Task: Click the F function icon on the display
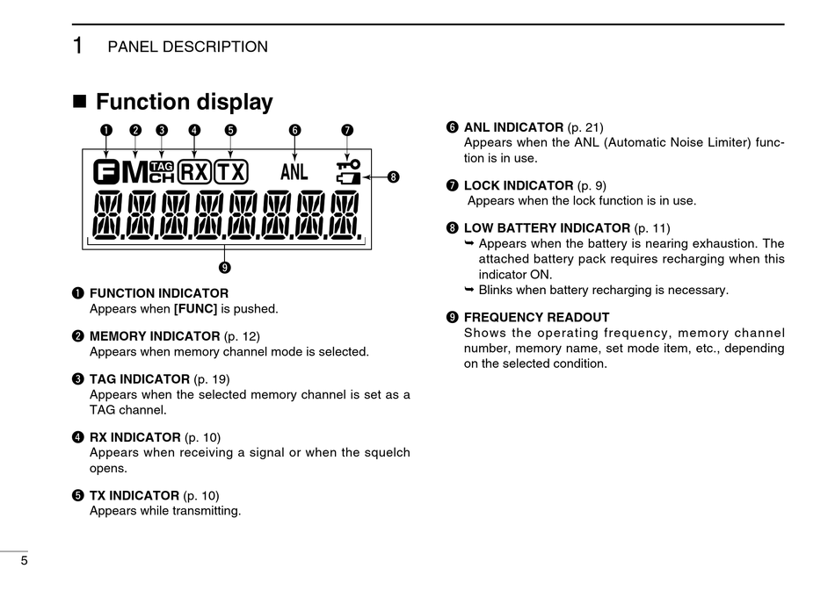(105, 172)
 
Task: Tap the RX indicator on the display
(194, 171)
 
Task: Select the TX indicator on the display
(231, 171)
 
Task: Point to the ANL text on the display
(294, 171)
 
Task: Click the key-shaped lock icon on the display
(348, 163)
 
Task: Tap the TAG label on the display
(162, 165)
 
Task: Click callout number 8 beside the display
(393, 177)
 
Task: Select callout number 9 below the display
(226, 267)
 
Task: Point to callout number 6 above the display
(294, 130)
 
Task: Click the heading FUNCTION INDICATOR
(158, 293)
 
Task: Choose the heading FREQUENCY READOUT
(536, 318)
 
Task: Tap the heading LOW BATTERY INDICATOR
(547, 228)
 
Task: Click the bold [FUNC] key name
(195, 309)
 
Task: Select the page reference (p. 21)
(585, 127)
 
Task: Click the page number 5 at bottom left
(24, 562)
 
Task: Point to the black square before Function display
(80, 101)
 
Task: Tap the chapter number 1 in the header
(78, 46)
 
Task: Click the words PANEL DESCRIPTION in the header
(187, 47)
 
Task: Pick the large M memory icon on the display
(134, 172)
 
